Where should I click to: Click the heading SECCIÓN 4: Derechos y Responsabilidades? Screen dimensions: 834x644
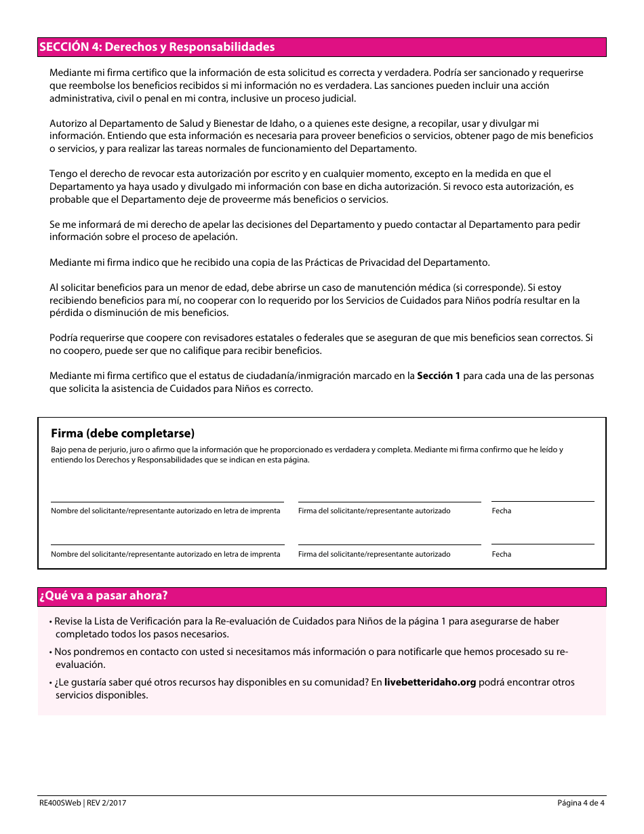[x=157, y=47]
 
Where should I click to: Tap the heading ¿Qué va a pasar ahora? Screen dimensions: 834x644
[x=104, y=596]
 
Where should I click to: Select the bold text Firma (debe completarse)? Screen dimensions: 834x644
[x=123, y=434]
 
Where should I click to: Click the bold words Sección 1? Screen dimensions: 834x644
[x=438, y=376]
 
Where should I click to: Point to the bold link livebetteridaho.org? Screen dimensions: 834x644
[x=430, y=682]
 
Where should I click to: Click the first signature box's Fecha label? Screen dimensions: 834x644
[x=502, y=511]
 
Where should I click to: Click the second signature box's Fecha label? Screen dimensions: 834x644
[x=502, y=554]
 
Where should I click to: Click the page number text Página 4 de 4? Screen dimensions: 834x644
[x=580, y=803]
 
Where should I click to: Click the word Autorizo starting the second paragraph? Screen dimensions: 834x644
[x=68, y=123]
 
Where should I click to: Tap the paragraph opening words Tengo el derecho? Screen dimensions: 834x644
[x=85, y=174]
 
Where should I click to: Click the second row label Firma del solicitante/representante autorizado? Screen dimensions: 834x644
[x=374, y=554]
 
